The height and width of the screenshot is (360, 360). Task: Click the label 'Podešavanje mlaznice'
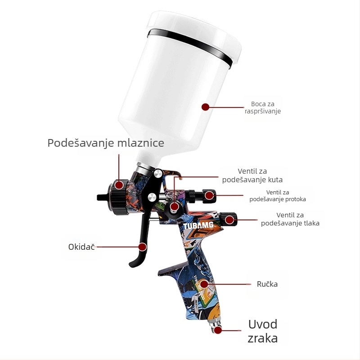click(x=106, y=143)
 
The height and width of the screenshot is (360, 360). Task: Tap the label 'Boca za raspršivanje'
click(x=263, y=108)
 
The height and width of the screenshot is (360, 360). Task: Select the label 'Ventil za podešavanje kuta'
click(x=252, y=175)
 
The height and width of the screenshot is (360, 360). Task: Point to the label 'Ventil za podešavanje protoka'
click(x=278, y=196)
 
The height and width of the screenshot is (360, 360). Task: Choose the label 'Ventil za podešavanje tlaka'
click(x=290, y=219)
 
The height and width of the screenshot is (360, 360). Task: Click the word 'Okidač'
click(x=81, y=247)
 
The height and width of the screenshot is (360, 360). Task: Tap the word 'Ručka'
click(x=267, y=284)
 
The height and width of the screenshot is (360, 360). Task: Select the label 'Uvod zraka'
click(x=263, y=331)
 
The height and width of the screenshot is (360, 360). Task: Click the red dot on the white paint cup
click(x=206, y=107)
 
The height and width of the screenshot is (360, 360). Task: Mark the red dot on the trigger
click(x=143, y=247)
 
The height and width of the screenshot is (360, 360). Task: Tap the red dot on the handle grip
click(x=204, y=284)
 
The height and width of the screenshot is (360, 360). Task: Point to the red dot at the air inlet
click(x=218, y=330)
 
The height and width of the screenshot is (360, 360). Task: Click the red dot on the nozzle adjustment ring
click(x=119, y=185)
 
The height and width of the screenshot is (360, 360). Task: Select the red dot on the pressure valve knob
click(x=229, y=220)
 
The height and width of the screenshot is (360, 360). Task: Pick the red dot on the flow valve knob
click(x=209, y=196)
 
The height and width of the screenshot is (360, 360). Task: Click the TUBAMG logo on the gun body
click(x=198, y=225)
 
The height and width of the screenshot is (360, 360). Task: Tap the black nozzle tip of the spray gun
click(x=103, y=197)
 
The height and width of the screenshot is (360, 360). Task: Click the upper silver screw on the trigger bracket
click(x=158, y=174)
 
